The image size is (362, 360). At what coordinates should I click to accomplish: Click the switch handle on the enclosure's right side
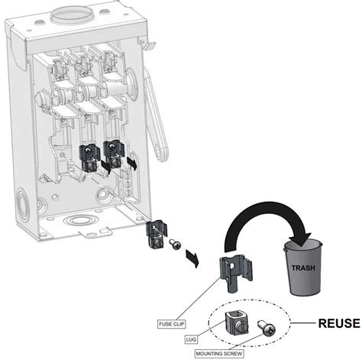156,115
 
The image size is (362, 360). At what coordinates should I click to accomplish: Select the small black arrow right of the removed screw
193,258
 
